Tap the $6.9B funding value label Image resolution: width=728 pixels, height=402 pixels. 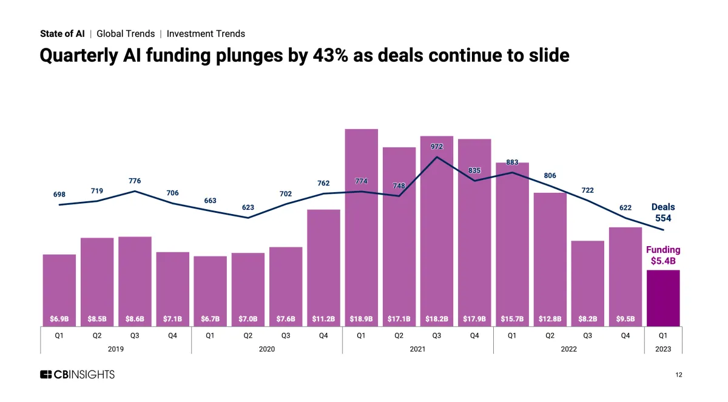click(59, 318)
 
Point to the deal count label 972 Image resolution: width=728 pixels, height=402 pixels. click(437, 146)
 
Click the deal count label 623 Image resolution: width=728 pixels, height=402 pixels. click(248, 207)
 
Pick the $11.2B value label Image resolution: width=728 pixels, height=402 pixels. click(323, 318)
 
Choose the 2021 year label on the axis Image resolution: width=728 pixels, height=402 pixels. click(417, 349)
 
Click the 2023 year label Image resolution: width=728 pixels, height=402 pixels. click(663, 349)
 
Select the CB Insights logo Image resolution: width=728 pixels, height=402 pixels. click(77, 375)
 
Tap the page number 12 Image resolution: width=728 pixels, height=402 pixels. click(678, 375)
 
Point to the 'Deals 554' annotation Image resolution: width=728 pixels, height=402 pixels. click(663, 212)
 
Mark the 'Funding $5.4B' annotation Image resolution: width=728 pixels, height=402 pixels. click(663, 255)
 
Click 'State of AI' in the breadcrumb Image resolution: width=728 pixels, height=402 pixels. click(62, 34)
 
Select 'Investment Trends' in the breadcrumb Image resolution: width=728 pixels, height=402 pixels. click(206, 34)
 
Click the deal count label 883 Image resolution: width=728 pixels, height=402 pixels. click(512, 162)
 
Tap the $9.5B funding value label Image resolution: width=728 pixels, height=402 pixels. click(625, 318)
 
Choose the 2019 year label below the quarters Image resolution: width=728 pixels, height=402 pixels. click(115, 349)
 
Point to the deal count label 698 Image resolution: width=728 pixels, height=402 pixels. click(59, 194)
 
